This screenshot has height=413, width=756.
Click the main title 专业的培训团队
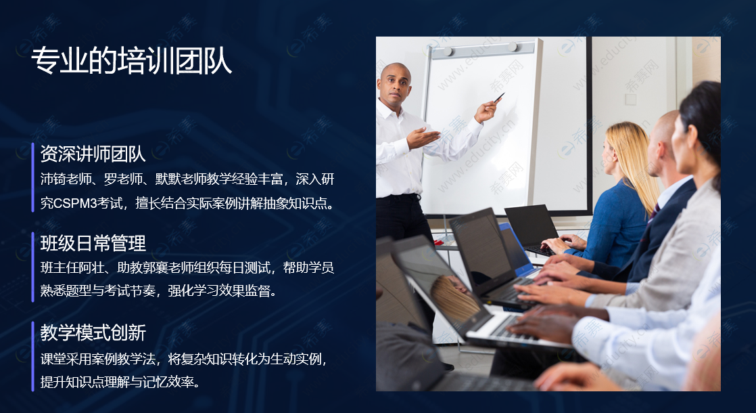click(x=132, y=61)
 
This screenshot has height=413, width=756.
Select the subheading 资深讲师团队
click(x=93, y=154)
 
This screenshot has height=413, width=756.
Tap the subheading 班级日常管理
click(x=93, y=243)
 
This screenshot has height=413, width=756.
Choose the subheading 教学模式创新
click(x=93, y=332)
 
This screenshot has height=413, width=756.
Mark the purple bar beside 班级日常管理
click(x=32, y=267)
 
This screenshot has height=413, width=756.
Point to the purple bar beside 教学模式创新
click(x=32, y=356)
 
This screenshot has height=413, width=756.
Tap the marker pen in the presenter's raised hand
click(x=499, y=97)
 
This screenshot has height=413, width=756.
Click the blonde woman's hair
click(x=636, y=159)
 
